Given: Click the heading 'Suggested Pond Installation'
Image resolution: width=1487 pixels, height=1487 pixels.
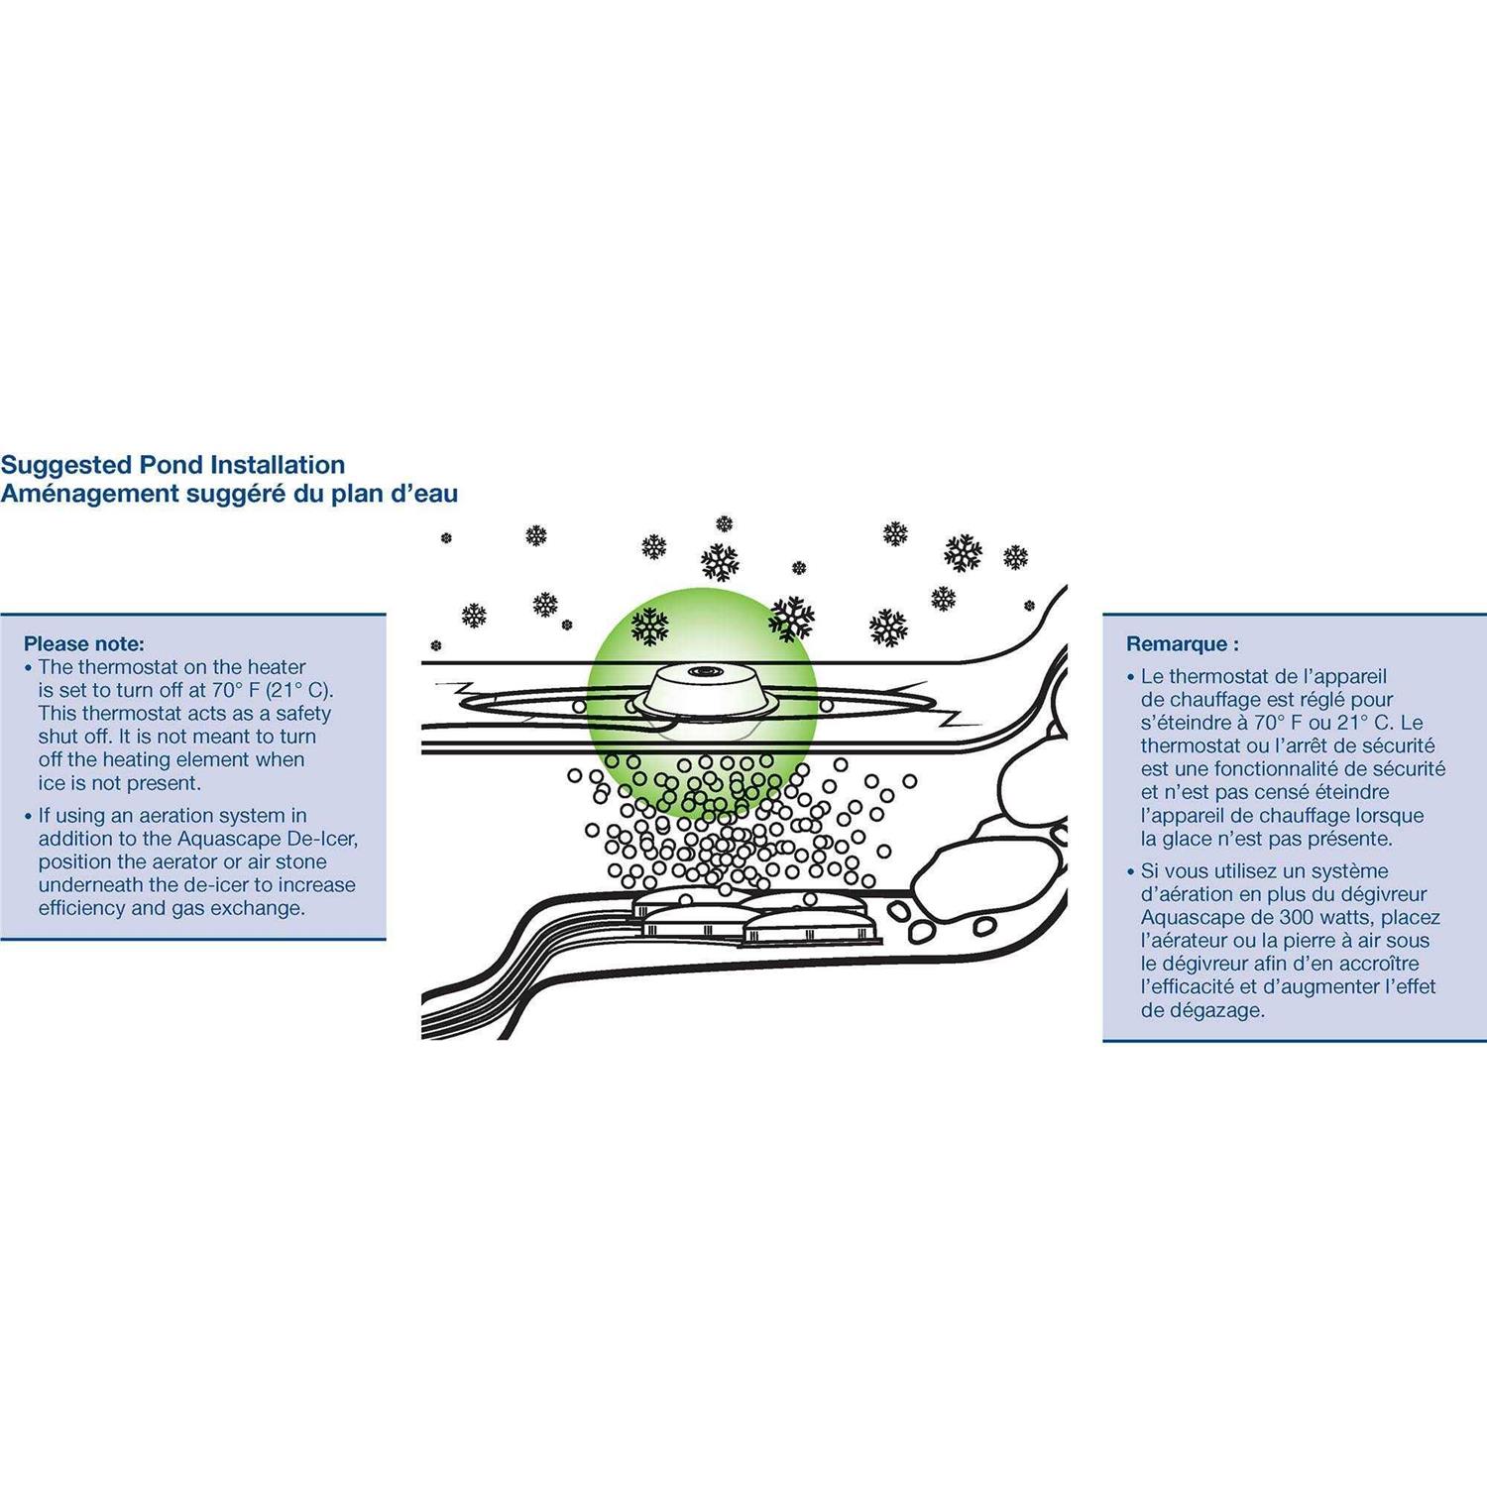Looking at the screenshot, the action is pos(172,465).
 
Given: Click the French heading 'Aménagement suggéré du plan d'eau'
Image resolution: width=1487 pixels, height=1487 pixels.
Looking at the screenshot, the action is pos(229,494).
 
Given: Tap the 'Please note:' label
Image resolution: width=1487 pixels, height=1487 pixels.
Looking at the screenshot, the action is pos(84,644).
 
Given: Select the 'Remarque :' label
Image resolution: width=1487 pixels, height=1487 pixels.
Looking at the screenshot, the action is pos(1183,644).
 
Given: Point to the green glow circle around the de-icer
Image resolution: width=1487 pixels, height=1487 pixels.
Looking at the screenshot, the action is pos(702,701).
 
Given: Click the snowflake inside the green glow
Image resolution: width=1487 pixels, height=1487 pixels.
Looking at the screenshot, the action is pos(650,627).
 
